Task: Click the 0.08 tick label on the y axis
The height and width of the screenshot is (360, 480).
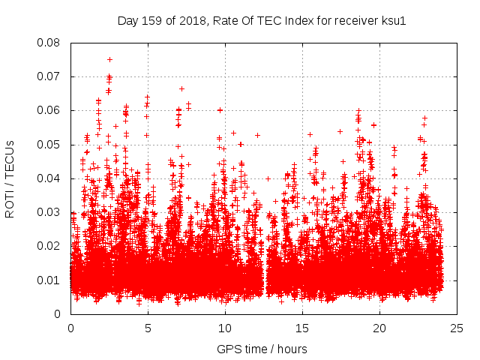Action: [50, 43]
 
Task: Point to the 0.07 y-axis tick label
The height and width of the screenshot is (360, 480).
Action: [50, 76]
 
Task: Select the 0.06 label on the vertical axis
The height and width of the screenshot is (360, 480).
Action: [50, 110]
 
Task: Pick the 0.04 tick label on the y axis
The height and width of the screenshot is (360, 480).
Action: [50, 178]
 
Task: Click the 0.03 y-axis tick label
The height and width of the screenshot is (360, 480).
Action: [50, 212]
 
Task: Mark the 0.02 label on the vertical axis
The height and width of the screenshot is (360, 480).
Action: [50, 246]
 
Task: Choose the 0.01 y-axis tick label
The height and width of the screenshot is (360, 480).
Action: [50, 280]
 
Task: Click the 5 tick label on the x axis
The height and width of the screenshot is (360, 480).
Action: [148, 328]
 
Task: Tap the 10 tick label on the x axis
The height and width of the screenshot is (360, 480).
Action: [225, 328]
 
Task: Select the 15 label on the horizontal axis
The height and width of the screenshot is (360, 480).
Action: [302, 328]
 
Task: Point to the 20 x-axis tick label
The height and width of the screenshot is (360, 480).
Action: [379, 328]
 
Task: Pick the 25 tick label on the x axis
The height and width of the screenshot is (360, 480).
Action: [457, 328]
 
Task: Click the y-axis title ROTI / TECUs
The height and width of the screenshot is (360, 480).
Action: [10, 178]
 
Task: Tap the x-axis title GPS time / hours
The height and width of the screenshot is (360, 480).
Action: [263, 349]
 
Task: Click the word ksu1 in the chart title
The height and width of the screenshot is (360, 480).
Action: [392, 20]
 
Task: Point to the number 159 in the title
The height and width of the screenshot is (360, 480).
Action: [152, 20]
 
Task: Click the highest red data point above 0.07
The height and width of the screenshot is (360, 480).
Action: [109, 59]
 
